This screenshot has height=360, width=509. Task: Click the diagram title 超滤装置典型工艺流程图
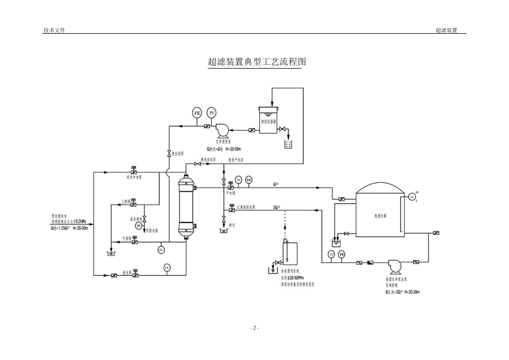[254, 62]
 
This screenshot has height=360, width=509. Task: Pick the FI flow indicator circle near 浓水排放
[139, 226]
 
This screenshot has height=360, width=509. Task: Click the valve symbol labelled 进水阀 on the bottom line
[134, 274]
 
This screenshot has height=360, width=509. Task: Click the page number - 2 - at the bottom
[254, 327]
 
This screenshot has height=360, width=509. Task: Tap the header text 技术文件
[54, 31]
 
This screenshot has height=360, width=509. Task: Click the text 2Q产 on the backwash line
[276, 207]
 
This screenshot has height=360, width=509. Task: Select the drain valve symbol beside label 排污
[224, 219]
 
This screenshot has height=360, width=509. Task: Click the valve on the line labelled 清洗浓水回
[197, 164]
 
